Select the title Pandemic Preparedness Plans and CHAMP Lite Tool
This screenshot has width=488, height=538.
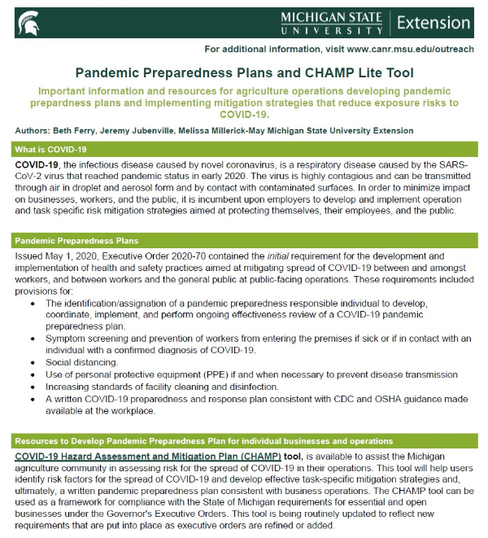tap(243, 74)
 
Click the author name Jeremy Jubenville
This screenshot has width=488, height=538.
tap(138, 130)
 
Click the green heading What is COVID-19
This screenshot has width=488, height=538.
tap(51, 150)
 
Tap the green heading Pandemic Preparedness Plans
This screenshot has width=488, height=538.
tap(76, 241)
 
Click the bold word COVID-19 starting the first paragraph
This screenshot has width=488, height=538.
tap(37, 164)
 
